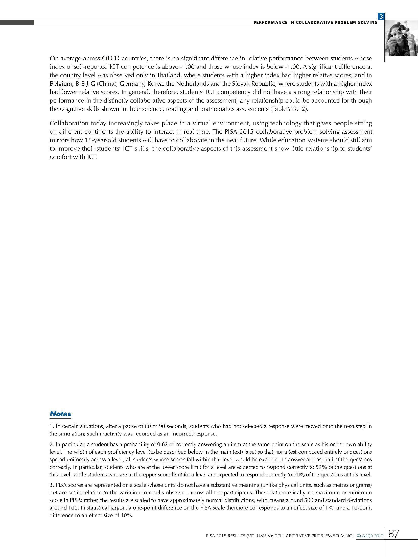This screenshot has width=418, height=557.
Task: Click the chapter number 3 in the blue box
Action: [x=381, y=17]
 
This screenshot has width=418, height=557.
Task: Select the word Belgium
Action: [x=60, y=84]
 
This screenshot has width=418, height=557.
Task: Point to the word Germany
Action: [x=131, y=84]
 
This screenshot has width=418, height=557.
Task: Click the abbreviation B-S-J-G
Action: [x=85, y=84]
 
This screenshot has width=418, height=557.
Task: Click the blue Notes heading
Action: [x=60, y=414]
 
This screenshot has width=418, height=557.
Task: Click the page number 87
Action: [x=394, y=533]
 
